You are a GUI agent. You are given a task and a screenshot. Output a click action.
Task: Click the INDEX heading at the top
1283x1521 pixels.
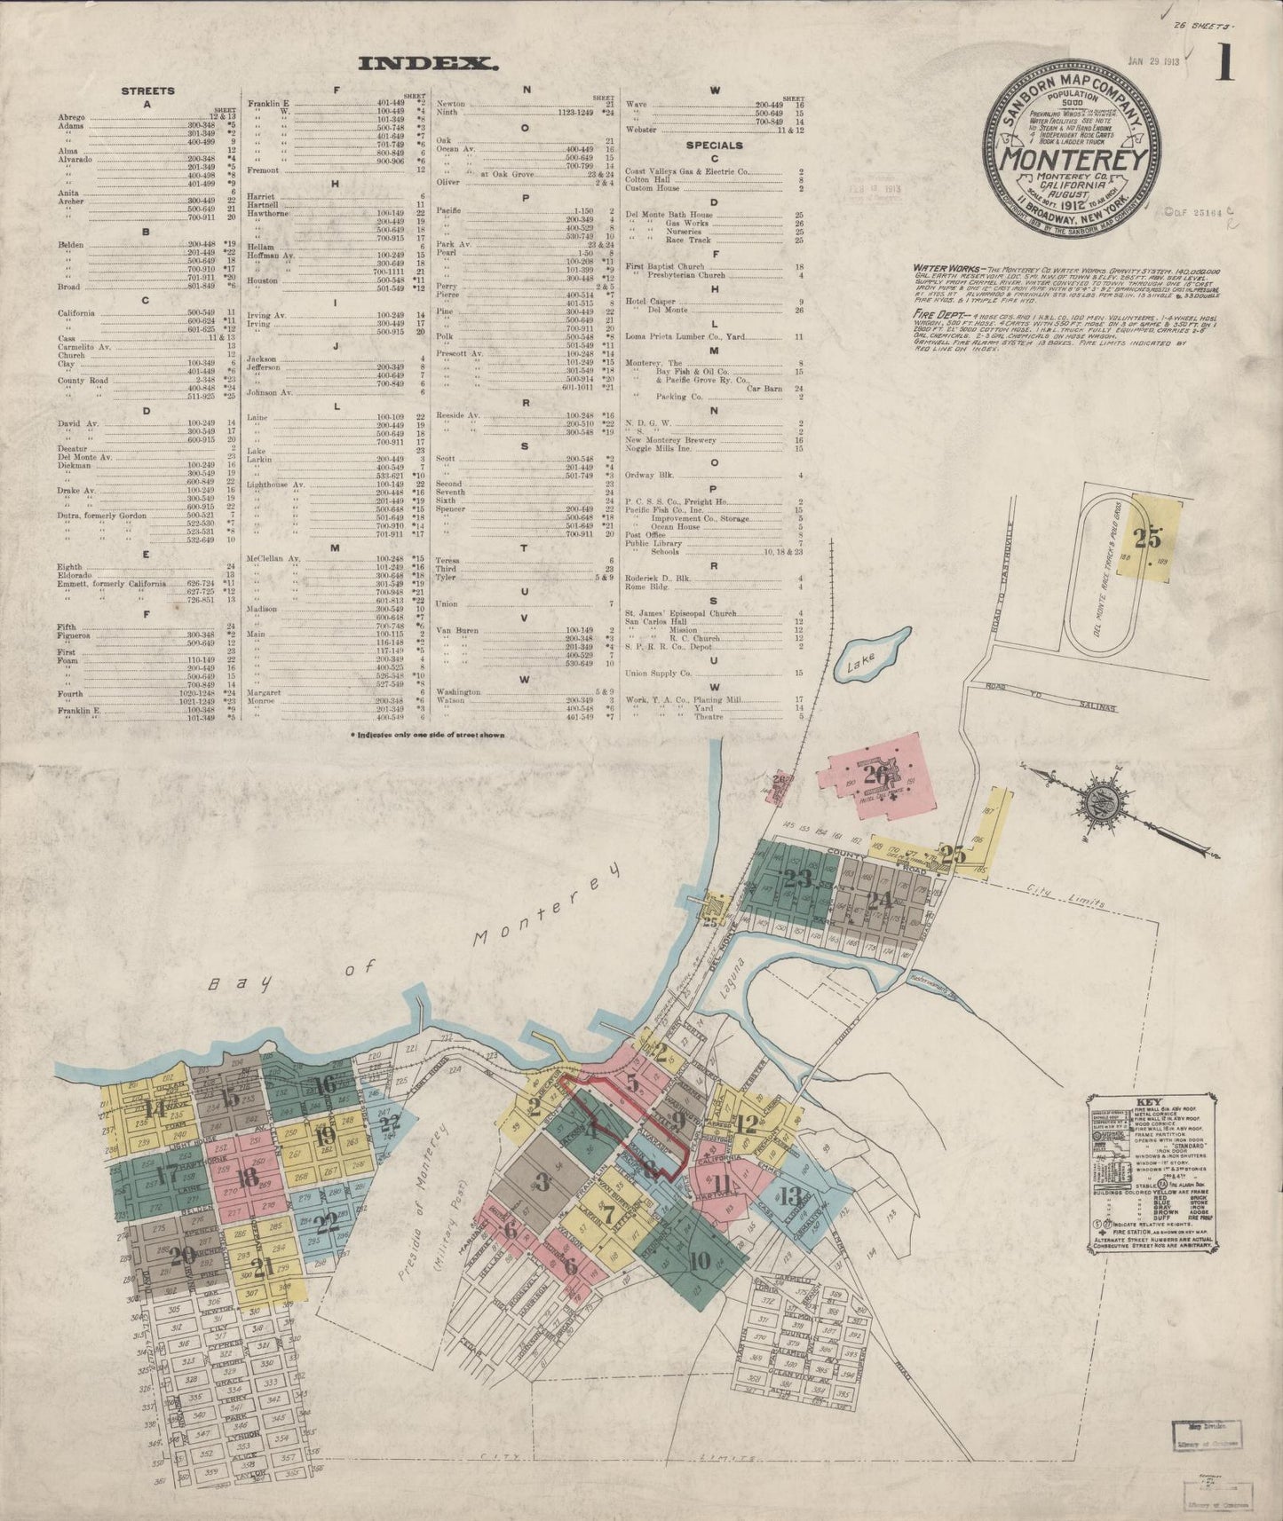[426, 63]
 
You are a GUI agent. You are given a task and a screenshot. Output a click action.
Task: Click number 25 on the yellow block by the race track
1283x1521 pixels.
[1147, 537]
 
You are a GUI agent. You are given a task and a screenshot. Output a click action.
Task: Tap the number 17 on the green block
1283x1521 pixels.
[166, 1173]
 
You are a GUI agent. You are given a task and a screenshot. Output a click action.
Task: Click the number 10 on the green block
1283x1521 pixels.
[698, 1259]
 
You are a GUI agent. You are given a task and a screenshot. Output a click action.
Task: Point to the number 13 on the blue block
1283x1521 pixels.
[789, 1194]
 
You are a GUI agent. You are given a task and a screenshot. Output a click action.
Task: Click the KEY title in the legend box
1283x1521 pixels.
[1147, 1105]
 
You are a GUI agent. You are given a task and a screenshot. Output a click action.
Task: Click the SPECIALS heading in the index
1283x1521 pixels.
[714, 145]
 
